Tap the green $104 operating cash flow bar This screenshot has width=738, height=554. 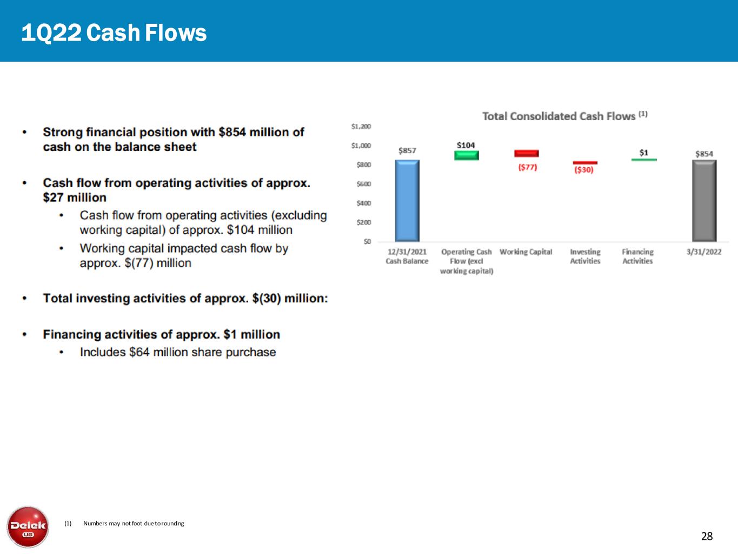click(466, 155)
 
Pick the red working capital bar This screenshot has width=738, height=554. click(526, 154)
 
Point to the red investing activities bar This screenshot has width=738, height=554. click(585, 162)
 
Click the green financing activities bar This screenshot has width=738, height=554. click(643, 160)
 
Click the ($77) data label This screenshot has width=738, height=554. click(527, 167)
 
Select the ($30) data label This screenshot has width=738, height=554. click(583, 170)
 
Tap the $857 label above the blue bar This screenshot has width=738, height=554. click(407, 150)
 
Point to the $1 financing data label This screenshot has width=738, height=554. click(643, 153)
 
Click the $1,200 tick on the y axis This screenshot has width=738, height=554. click(361, 127)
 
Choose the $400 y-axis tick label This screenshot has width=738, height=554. click(363, 203)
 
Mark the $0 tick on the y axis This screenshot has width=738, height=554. click(367, 241)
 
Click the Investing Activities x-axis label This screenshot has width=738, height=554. click(585, 256)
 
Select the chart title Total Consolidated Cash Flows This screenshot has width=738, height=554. click(559, 116)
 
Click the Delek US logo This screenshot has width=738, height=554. click(28, 527)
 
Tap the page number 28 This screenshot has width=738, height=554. click(707, 536)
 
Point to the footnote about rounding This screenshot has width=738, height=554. click(133, 524)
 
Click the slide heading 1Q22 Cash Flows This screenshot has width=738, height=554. click(114, 33)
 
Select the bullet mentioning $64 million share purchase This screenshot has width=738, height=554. click(178, 352)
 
